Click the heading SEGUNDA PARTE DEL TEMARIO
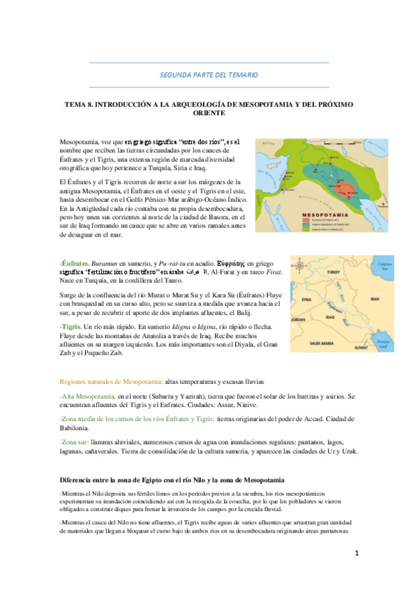(209, 74)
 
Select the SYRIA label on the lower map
(306, 299)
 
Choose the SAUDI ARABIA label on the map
(324, 343)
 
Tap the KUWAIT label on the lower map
(359, 346)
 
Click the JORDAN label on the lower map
(299, 320)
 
